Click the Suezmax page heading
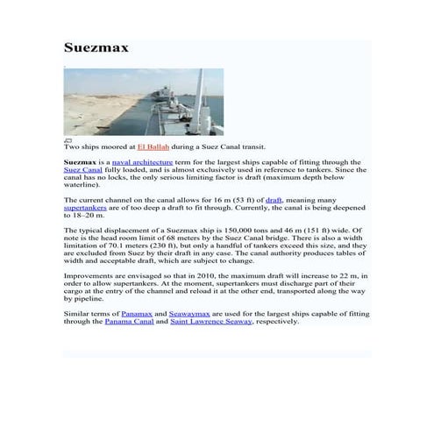pyautogui.click(x=96, y=47)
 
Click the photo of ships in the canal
pyautogui.click(x=144, y=102)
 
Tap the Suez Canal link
pyautogui.click(x=83, y=170)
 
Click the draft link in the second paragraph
pyautogui.click(x=273, y=201)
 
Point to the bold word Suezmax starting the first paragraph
pyautogui.click(x=80, y=162)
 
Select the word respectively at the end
pyautogui.click(x=277, y=321)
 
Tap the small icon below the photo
pyautogui.click(x=68, y=139)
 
